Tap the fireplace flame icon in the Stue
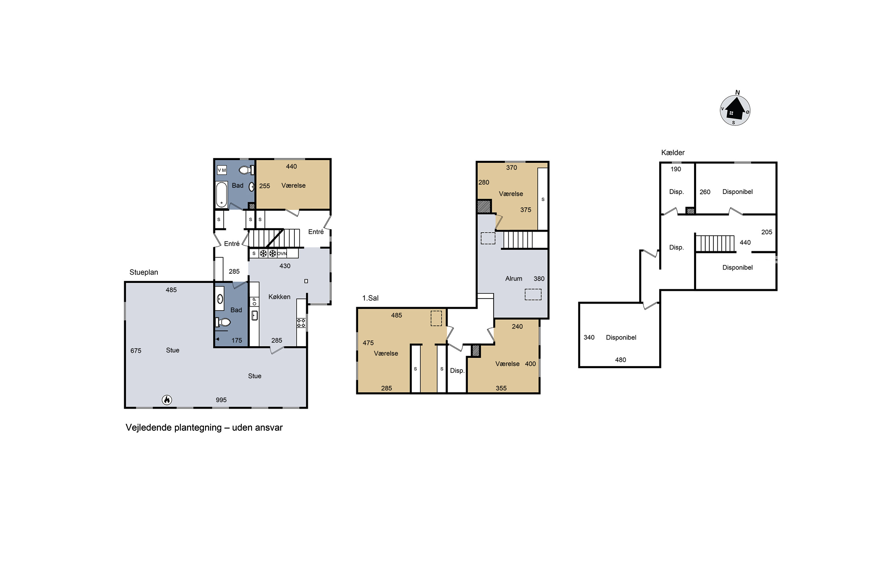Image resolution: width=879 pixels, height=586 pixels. (x=167, y=400)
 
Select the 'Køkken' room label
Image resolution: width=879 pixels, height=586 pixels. (x=279, y=297)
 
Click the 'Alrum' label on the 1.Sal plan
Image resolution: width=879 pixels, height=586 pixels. (x=514, y=278)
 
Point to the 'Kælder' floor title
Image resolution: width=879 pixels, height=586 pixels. (x=673, y=152)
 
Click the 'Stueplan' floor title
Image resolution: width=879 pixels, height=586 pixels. (x=144, y=272)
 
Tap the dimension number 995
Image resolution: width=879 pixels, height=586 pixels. (x=221, y=400)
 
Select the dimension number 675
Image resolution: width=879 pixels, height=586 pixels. (x=136, y=350)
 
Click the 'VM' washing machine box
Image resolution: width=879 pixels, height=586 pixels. (x=222, y=170)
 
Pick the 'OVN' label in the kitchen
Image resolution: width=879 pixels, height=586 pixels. (x=282, y=253)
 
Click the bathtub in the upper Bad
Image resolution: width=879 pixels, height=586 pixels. (x=222, y=194)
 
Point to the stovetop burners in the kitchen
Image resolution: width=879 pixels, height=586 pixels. (x=301, y=323)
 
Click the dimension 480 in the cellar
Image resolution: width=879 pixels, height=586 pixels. (x=620, y=360)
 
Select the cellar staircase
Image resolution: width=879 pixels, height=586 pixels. (x=715, y=243)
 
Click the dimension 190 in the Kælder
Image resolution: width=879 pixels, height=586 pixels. (x=676, y=169)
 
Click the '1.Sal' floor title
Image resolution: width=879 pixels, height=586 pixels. (x=370, y=298)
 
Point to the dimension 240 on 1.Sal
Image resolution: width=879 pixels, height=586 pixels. (x=517, y=326)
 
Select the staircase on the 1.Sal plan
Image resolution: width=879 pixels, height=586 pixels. (x=518, y=240)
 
